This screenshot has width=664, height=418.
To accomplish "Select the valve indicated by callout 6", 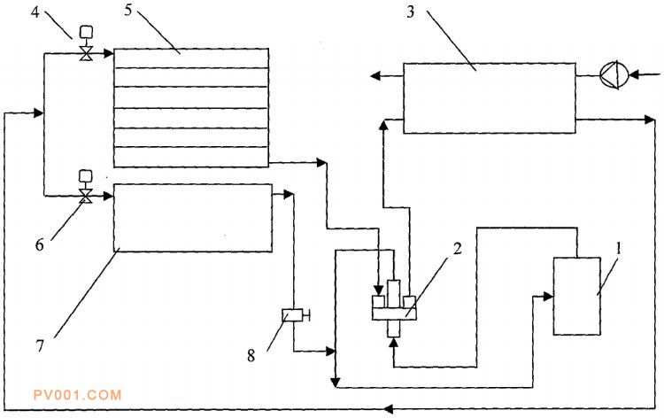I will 86,195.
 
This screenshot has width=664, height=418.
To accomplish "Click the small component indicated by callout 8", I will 294,314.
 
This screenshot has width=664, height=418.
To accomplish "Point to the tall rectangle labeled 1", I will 578,296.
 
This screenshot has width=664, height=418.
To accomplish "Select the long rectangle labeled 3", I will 489,97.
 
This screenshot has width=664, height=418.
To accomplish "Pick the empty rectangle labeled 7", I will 192,218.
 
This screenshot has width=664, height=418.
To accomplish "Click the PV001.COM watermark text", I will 77,395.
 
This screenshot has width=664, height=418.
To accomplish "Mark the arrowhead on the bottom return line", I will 391,407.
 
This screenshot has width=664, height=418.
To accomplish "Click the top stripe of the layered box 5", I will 191,56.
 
